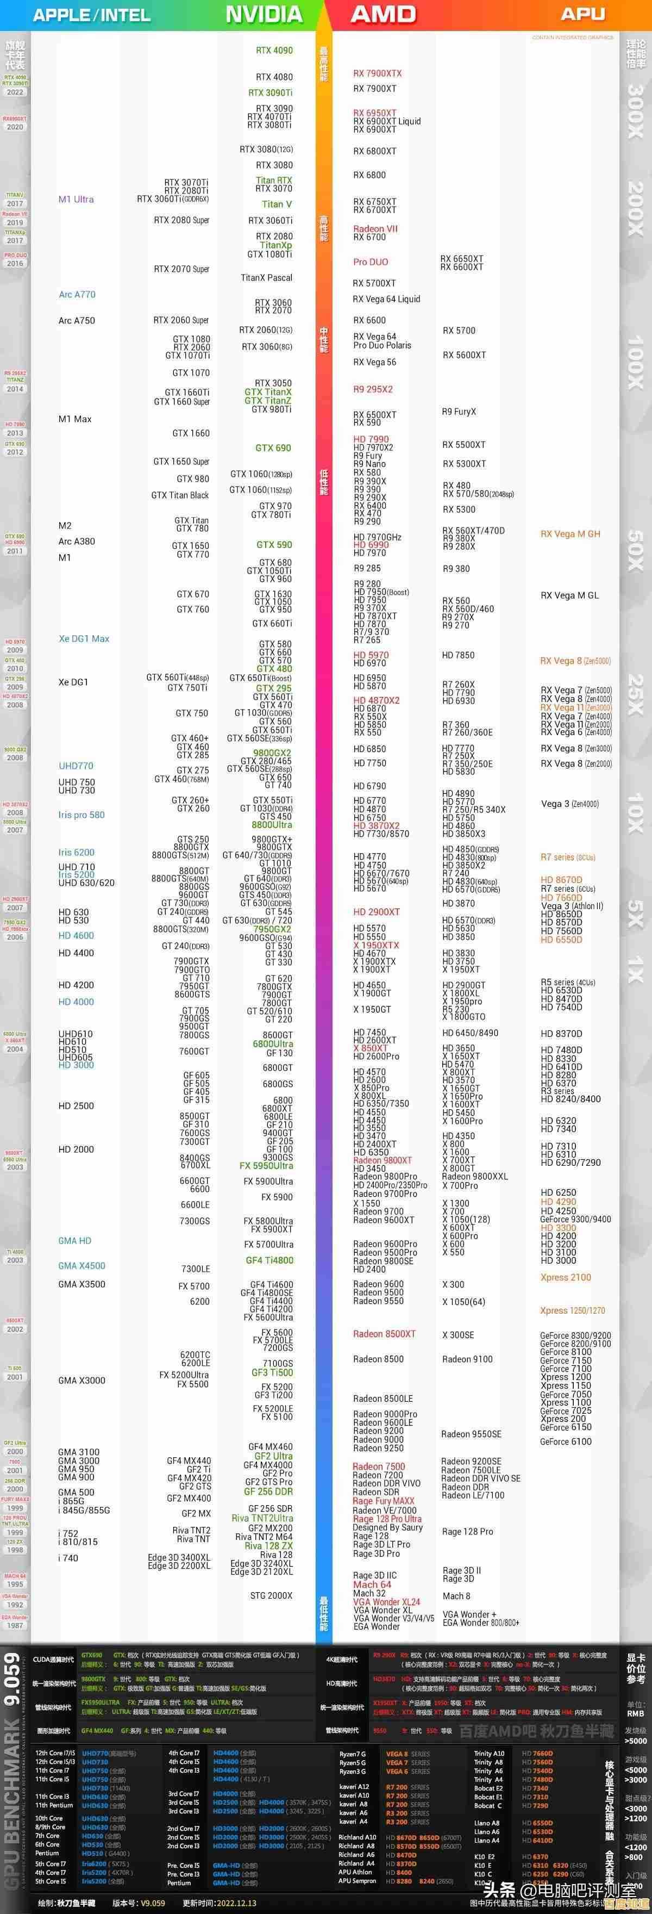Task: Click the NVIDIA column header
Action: click(264, 14)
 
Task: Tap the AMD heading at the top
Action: click(383, 14)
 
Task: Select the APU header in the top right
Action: click(582, 14)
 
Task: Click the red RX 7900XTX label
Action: click(377, 73)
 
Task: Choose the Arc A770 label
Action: click(77, 294)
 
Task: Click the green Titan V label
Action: click(276, 204)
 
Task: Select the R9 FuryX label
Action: click(459, 412)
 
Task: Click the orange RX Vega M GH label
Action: click(569, 533)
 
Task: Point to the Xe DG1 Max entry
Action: click(84, 638)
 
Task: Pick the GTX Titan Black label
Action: click(180, 495)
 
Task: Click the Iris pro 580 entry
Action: click(81, 815)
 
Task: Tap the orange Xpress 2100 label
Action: click(565, 1277)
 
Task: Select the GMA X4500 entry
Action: click(81, 1265)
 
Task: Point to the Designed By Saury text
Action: click(387, 1527)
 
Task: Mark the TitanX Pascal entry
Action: click(267, 278)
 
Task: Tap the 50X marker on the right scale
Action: click(635, 550)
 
